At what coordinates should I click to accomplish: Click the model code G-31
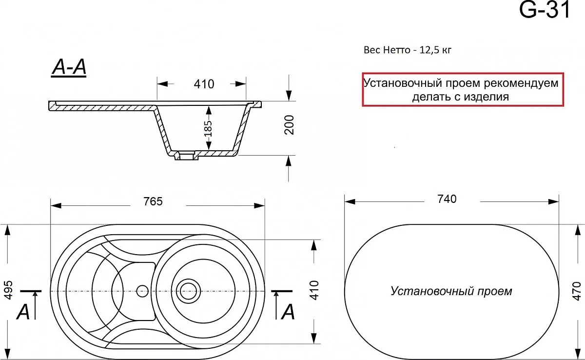pos(545,10)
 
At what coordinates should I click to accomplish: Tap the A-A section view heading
pos(69,67)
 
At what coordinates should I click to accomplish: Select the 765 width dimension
pos(153,201)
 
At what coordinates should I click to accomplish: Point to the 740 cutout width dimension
pos(447,199)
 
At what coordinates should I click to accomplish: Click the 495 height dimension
pos(9,290)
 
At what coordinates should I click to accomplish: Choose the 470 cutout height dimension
pos(577,291)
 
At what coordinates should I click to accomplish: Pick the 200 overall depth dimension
pos(289,125)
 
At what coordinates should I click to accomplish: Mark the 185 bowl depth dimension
pos(208,128)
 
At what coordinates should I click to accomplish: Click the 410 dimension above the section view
pos(204,84)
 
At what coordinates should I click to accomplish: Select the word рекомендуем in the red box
pos(521,83)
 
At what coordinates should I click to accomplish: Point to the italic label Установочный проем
pos(451,291)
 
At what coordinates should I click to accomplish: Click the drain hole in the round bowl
pos(188,291)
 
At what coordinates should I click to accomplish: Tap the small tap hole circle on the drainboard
pos(142,291)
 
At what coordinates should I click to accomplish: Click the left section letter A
pos(23,311)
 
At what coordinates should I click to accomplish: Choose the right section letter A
pos(288,312)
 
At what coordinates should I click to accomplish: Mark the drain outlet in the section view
pos(186,156)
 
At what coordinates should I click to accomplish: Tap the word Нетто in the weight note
pos(396,50)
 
